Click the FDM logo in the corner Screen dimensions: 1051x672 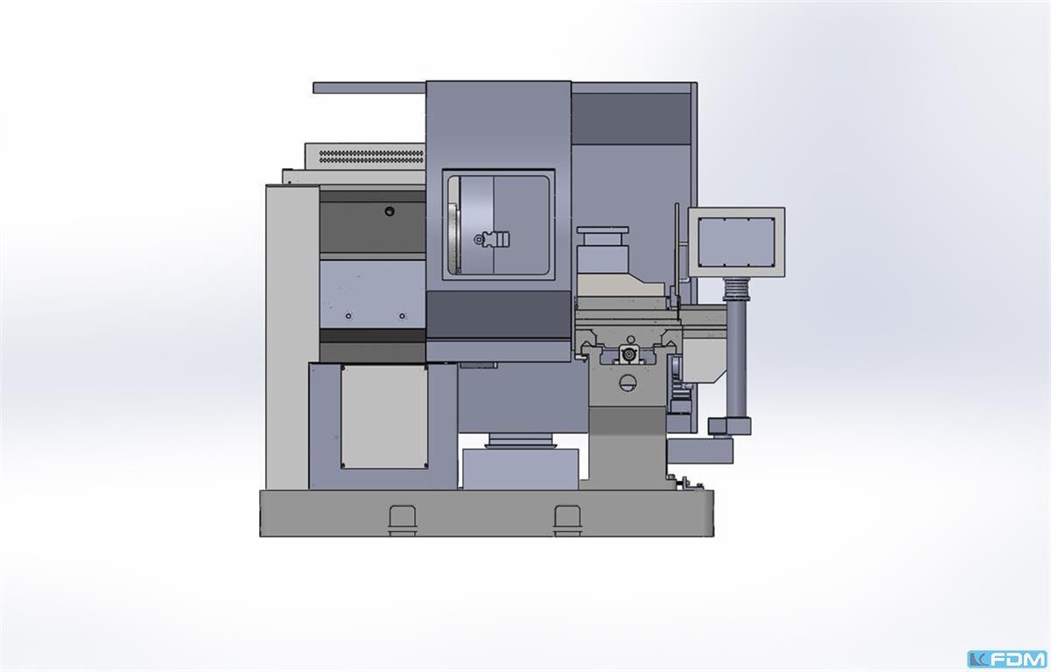tap(1007, 660)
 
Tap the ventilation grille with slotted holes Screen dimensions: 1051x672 tap(371, 157)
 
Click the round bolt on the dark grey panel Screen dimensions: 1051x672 tap(389, 212)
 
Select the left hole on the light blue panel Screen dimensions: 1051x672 tap(348, 316)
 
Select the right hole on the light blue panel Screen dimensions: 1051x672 tap(402, 316)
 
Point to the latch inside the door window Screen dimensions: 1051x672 tap(491, 240)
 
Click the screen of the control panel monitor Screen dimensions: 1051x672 tap(736, 242)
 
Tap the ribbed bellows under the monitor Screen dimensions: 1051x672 tap(736, 289)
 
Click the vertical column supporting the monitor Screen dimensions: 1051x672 tap(737, 360)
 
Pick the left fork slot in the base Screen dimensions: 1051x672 tap(403, 520)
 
